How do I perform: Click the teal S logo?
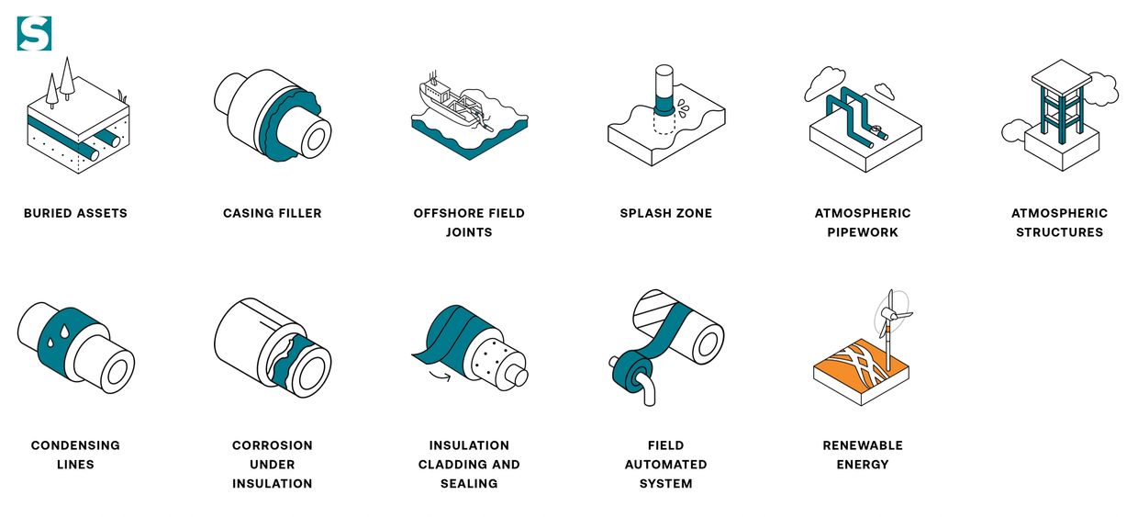click(34, 34)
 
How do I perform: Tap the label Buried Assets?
click(75, 213)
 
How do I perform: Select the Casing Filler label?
click(273, 213)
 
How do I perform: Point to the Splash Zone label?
click(666, 213)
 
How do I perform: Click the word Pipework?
click(863, 232)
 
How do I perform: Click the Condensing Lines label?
click(75, 455)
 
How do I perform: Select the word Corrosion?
click(273, 445)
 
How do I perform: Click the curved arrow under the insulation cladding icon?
click(440, 377)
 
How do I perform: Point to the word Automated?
click(666, 465)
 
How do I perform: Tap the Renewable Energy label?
click(863, 455)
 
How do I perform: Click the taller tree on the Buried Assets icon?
click(67, 79)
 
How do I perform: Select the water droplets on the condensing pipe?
click(58, 336)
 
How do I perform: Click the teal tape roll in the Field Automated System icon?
click(632, 376)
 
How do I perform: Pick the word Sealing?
click(469, 483)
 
